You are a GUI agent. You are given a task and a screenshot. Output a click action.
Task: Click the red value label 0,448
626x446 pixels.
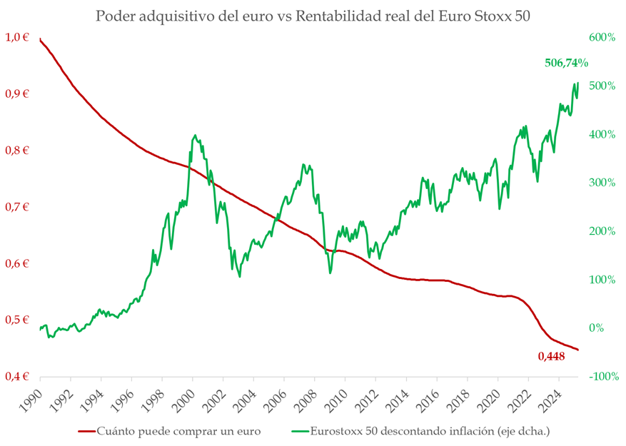click(x=551, y=356)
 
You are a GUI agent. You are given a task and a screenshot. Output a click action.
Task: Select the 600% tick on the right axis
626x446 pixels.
click(x=601, y=37)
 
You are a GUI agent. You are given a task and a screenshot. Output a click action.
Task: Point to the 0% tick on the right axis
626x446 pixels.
click(x=605, y=328)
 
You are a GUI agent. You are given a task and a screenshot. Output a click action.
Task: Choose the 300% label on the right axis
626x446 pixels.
click(x=601, y=183)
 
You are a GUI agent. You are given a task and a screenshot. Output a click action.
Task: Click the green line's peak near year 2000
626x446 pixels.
click(x=195, y=135)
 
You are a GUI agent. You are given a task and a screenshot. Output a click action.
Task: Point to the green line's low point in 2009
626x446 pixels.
click(x=330, y=273)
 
